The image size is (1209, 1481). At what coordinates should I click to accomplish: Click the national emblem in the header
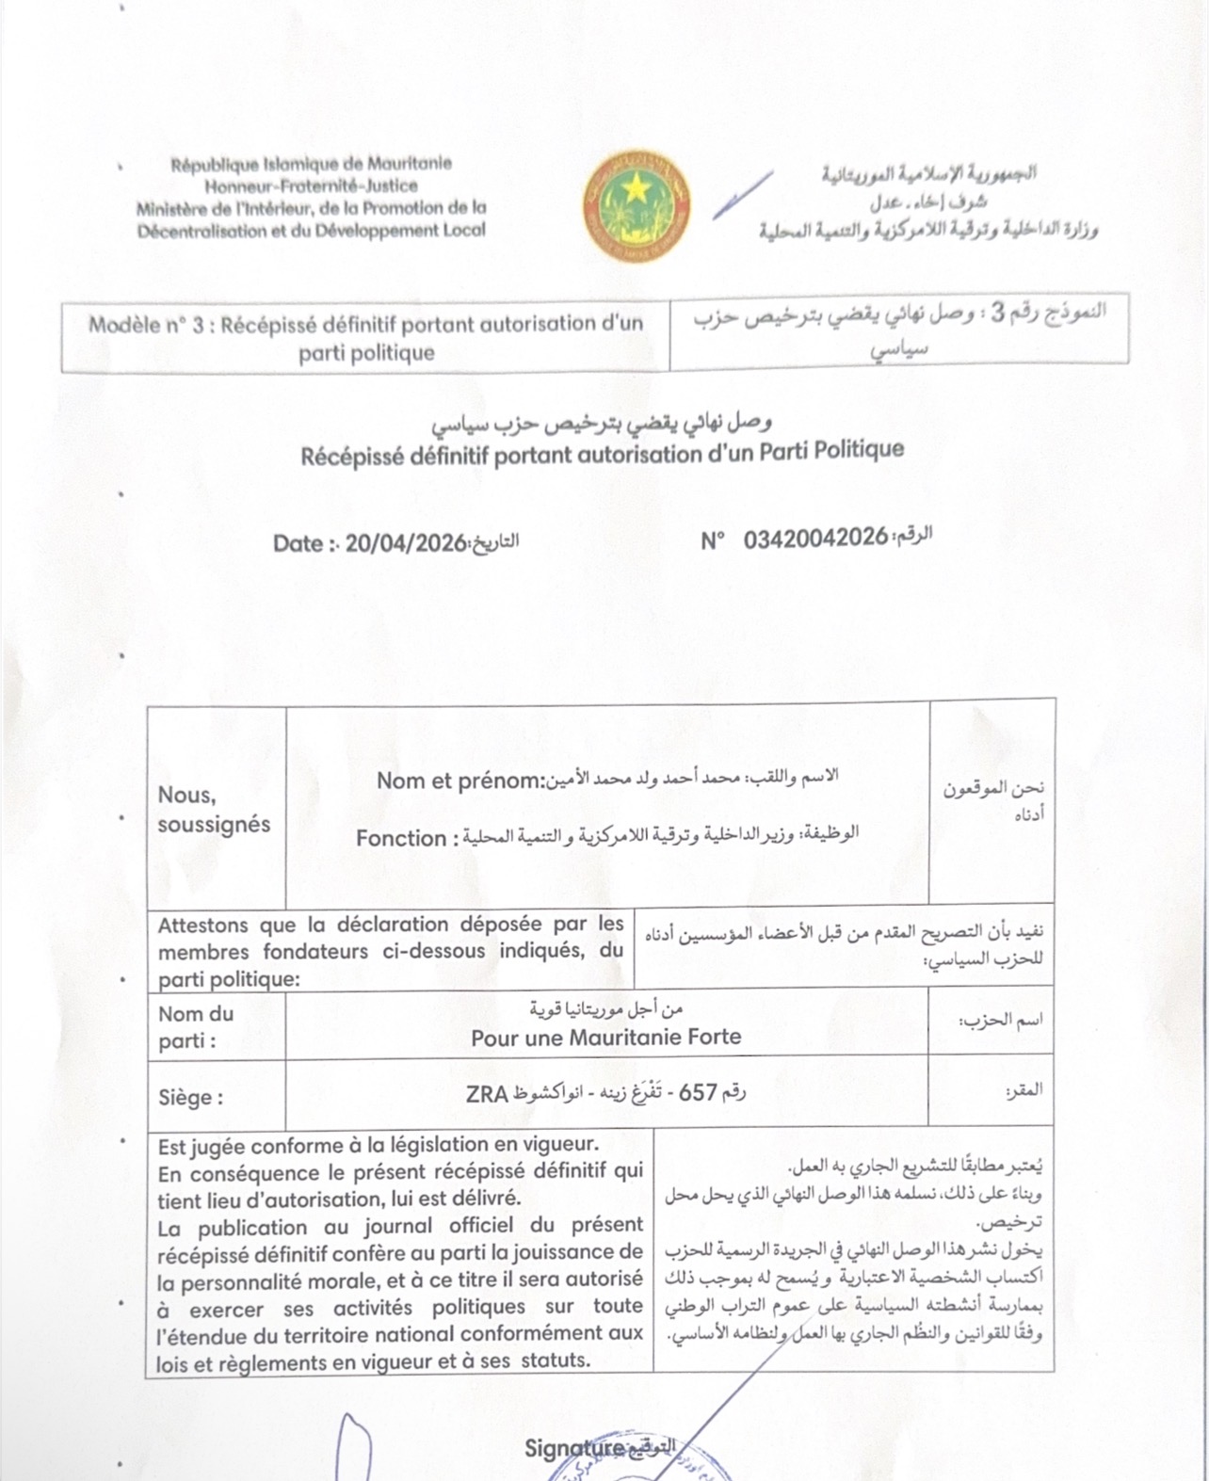637,204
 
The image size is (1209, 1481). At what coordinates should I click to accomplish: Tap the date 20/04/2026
406,543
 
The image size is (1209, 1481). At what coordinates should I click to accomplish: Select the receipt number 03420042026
815,539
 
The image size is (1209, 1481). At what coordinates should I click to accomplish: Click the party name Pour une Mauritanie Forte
605,1037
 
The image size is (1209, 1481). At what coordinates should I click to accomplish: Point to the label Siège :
191,1097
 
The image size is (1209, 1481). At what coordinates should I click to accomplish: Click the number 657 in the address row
698,1092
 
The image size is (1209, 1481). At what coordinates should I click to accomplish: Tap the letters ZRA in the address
487,1094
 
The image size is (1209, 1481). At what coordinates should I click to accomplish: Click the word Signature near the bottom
574,1448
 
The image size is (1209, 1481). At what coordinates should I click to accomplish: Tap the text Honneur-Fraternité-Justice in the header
311,185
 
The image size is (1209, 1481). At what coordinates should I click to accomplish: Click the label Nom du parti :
195,1027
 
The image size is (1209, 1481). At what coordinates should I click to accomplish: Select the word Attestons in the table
202,925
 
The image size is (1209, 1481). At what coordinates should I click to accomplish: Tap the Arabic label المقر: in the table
1024,1090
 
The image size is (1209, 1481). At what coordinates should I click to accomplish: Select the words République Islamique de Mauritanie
311,164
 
